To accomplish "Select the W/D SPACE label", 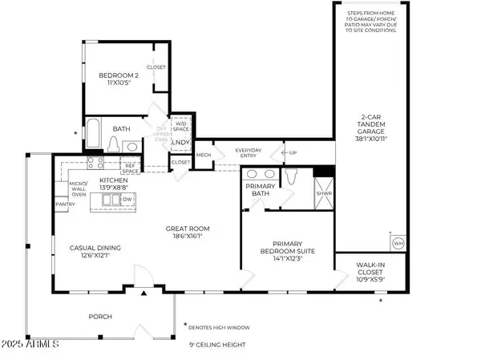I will [x=181, y=126].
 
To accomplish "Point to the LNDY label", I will [x=181, y=144].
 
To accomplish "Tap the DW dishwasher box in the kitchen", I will [x=127, y=198].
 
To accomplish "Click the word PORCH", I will [x=100, y=317].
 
